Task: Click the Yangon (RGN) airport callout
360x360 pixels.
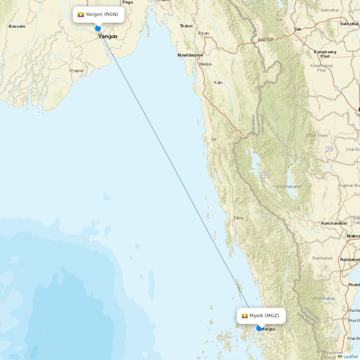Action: pyautogui.click(x=99, y=15)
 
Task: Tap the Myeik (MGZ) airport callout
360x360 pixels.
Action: pyautogui.click(x=261, y=316)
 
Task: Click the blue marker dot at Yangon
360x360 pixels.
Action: pyautogui.click(x=98, y=28)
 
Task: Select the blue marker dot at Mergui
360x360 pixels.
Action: pyautogui.click(x=259, y=328)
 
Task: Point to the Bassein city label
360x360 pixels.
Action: pyautogui.click(x=17, y=26)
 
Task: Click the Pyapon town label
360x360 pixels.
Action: pyautogui.click(x=77, y=71)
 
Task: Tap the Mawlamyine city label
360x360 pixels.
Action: pyautogui.click(x=190, y=55)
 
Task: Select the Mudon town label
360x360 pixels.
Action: pyautogui.click(x=206, y=64)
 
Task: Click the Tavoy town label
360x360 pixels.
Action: pyautogui.click(x=239, y=218)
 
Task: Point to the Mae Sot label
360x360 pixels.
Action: pyautogui.click(x=265, y=40)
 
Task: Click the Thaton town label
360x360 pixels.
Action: pyautogui.click(x=186, y=26)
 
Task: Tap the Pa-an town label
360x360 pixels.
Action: pyautogui.click(x=203, y=33)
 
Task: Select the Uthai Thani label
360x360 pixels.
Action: pyautogui.click(x=317, y=135)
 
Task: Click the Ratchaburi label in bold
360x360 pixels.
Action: pyautogui.click(x=350, y=260)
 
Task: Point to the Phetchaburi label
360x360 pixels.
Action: pyautogui.click(x=324, y=298)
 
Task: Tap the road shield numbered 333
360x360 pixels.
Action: pyautogui.click(x=329, y=149)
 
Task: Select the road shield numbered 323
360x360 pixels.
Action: pyautogui.click(x=264, y=175)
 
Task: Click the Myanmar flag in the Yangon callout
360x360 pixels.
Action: pyautogui.click(x=81, y=15)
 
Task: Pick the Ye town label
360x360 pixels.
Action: pyautogui.click(x=214, y=139)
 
